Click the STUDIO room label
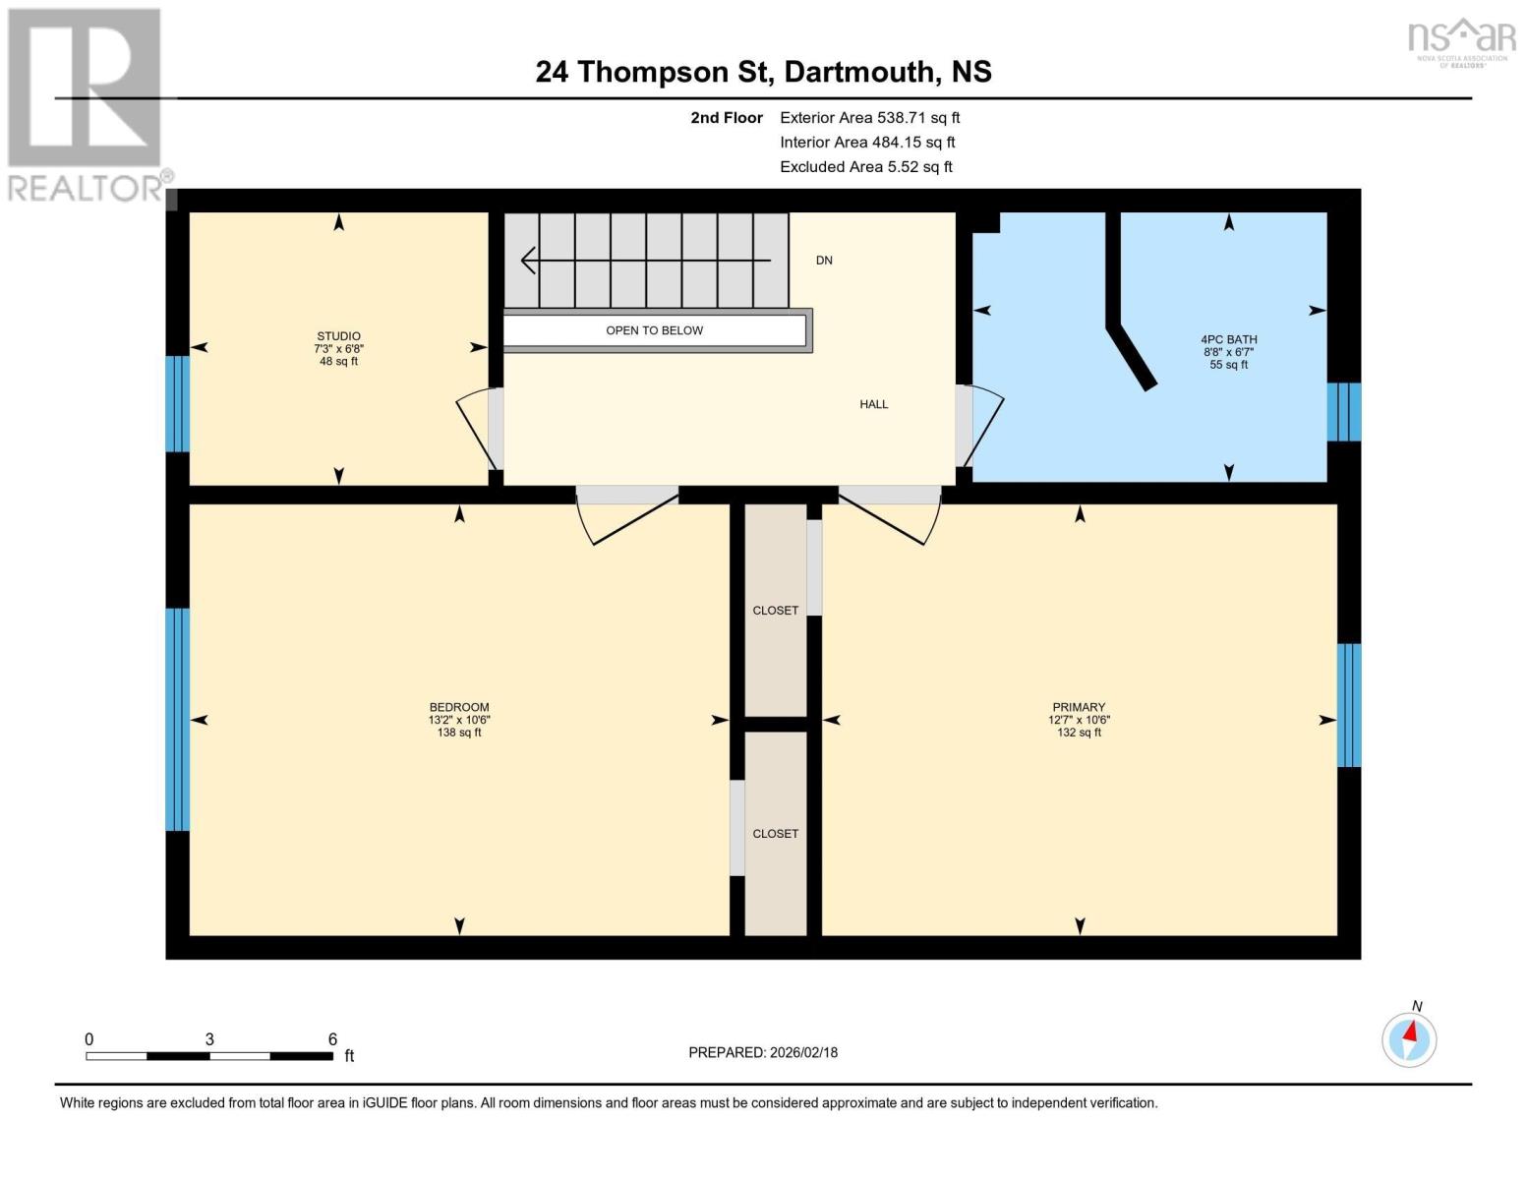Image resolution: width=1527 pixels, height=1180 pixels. tap(338, 336)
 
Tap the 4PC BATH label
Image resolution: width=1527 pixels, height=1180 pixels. tap(1228, 339)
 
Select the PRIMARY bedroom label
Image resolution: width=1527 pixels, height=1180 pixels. tap(1079, 707)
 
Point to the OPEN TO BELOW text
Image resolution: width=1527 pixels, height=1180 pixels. tap(654, 330)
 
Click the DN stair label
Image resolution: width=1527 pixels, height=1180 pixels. tap(824, 261)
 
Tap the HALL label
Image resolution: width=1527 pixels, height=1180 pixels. tap(873, 404)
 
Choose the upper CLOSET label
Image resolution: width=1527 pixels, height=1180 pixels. tap(775, 611)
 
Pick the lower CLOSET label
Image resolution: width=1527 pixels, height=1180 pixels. tap(775, 834)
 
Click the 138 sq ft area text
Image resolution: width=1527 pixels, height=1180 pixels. tap(459, 733)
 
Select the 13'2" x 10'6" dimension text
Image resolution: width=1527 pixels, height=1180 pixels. tap(459, 720)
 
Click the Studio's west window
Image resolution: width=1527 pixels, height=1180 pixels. tap(177, 403)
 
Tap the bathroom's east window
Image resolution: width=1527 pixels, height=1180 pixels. tap(1344, 412)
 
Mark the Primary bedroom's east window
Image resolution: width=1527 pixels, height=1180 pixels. tap(1348, 705)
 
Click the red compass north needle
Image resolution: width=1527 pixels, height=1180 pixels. tap(1412, 1032)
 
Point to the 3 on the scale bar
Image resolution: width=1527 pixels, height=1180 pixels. tap(209, 1039)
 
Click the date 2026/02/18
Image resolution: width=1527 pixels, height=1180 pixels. tap(803, 1052)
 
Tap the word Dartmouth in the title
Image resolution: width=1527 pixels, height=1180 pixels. tap(858, 72)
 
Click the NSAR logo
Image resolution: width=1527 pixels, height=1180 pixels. tap(1461, 40)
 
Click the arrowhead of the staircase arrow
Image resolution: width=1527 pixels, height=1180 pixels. tap(528, 261)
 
